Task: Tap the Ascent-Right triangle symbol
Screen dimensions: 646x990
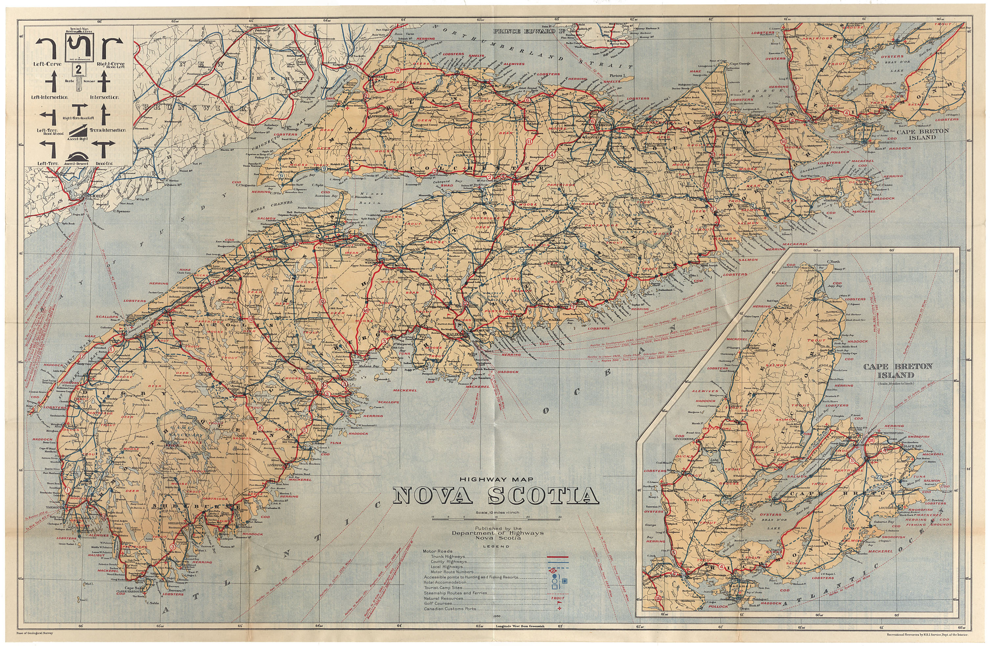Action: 78,132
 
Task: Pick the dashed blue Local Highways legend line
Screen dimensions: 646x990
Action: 557,567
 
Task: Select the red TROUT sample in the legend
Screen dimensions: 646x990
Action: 557,598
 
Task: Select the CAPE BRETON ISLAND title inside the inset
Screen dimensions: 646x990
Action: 898,370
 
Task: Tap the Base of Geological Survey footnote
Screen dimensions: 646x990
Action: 35,633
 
